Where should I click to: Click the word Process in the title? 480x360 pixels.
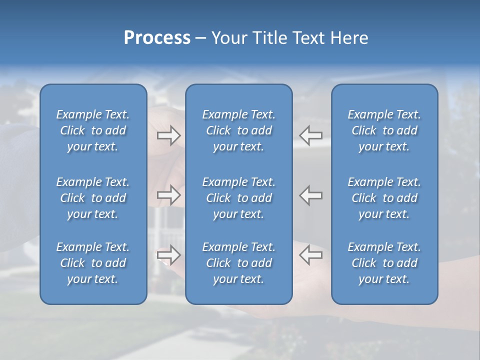[x=157, y=38]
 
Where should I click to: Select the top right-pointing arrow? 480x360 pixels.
[x=169, y=135]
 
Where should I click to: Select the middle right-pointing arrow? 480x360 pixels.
[x=169, y=195]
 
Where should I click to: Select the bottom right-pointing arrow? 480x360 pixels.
[x=169, y=255]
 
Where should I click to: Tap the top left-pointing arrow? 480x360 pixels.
[x=311, y=135]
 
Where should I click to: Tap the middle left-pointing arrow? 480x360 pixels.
[x=311, y=195]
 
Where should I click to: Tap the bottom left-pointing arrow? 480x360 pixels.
[x=311, y=255]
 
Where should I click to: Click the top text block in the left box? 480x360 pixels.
[x=93, y=130]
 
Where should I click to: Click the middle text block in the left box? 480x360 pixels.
[x=93, y=198]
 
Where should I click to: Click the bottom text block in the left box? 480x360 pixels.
[x=93, y=263]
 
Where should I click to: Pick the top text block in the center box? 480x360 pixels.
[x=238, y=130]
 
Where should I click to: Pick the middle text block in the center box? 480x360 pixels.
[x=238, y=198]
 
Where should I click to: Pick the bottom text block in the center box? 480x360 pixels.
[x=238, y=263]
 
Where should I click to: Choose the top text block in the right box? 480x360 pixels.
[x=384, y=130]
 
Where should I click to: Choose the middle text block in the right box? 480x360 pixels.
[x=384, y=198]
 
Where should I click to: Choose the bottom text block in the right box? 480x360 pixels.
[x=384, y=263]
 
